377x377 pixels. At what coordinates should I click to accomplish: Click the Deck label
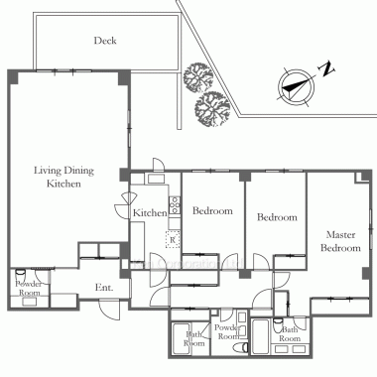pos(105,41)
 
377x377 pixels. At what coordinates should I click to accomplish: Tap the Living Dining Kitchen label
pos(63,177)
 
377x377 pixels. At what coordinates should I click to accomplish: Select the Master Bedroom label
pos(340,241)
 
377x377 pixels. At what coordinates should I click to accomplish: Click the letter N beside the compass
pos(326,68)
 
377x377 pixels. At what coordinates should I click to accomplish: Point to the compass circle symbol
pos(297,87)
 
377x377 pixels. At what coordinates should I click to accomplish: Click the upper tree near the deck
pos(197,77)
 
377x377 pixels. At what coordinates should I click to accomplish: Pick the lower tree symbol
pos(212,109)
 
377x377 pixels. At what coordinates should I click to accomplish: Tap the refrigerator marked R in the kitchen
pos(173,239)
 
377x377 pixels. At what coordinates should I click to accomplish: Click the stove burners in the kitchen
pos(175,205)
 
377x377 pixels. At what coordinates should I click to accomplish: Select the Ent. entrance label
pos(104,288)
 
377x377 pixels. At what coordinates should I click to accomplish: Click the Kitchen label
pos(150,213)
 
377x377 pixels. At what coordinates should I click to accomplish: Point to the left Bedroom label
pos(212,210)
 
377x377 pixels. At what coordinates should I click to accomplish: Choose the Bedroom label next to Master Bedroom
pos(277,217)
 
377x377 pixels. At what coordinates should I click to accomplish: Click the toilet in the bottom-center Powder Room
pos(240,348)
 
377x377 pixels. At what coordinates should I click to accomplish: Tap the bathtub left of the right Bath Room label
pos(261,336)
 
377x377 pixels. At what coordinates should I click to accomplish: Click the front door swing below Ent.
pos(110,310)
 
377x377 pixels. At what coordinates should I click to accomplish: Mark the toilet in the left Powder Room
pos(20,274)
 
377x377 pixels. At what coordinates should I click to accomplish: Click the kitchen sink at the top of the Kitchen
pos(156,179)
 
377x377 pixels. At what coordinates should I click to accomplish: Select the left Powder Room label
pos(29,288)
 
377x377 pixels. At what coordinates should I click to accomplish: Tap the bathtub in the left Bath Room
pos(180,339)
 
